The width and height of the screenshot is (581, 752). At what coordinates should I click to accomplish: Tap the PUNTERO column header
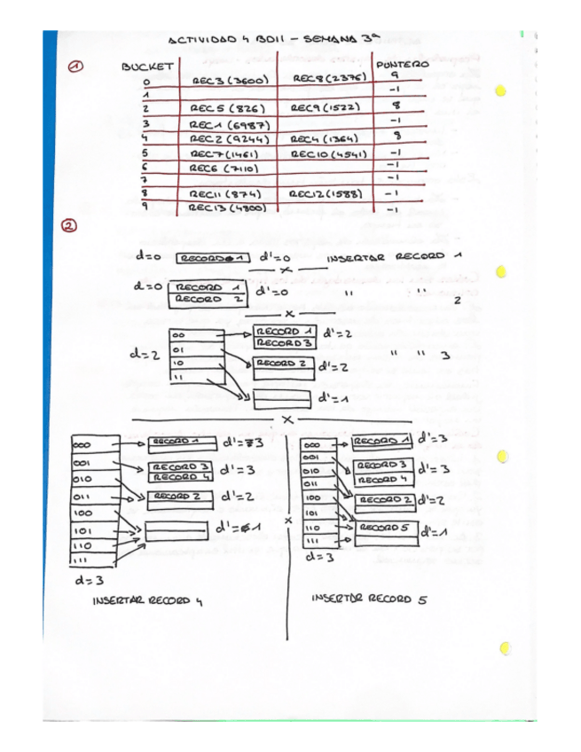click(402, 65)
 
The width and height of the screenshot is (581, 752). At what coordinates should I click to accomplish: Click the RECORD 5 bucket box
click(384, 529)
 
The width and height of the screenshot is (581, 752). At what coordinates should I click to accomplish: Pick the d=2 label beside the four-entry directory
click(142, 356)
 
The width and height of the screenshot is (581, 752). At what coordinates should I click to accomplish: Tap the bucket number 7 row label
click(145, 178)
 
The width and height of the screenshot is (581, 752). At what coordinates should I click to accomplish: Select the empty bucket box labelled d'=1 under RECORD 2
click(283, 397)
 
